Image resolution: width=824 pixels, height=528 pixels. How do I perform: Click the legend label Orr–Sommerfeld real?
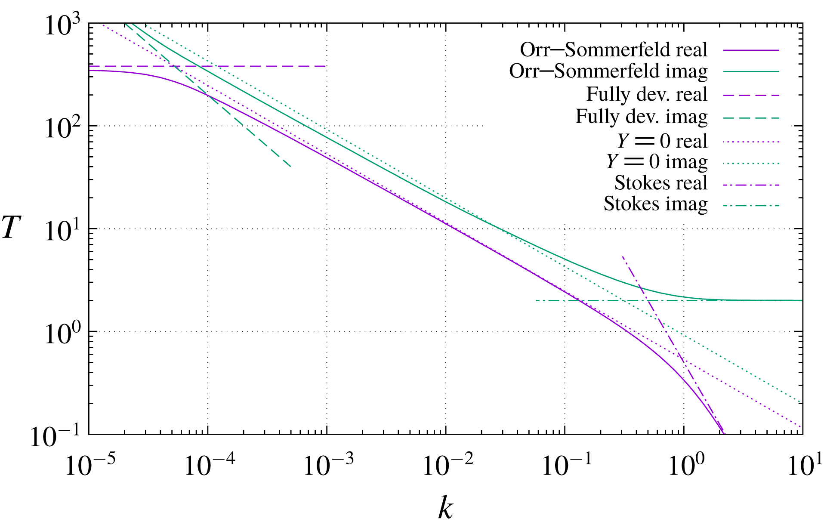tap(614, 50)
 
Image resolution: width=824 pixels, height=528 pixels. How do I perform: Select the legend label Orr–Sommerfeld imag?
tap(608, 71)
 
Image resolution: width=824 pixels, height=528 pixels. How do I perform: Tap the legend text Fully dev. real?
tap(647, 94)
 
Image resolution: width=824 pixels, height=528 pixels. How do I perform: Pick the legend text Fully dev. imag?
tap(642, 117)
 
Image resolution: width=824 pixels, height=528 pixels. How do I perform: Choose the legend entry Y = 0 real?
tap(662, 141)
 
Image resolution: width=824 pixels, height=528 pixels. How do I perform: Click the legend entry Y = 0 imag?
tap(657, 162)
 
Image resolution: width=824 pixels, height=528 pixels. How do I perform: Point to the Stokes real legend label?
tap(660, 183)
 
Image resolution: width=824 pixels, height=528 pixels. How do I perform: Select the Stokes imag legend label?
tap(655, 204)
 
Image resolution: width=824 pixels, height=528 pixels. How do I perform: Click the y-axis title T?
tap(12, 228)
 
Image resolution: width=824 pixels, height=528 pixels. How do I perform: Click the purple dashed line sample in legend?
tap(751, 95)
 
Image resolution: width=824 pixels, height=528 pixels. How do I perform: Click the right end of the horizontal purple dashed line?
tap(326, 66)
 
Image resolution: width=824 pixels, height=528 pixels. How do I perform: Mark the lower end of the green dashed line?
tap(291, 167)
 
